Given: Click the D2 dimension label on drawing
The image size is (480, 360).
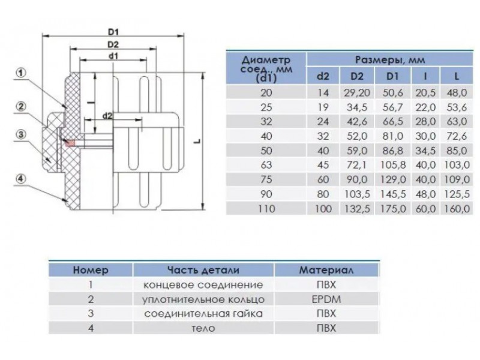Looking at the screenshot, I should (x=112, y=44).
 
